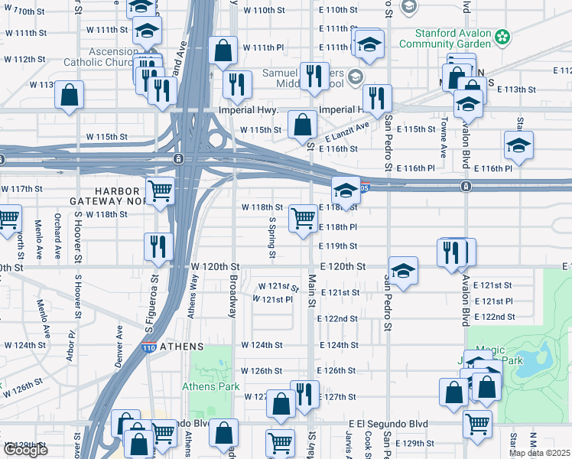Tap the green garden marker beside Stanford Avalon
[502, 35]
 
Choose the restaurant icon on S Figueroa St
[158, 246]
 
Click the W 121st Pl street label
[272, 300]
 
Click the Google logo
[25, 450]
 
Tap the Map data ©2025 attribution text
[539, 453]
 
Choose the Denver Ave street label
[119, 347]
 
